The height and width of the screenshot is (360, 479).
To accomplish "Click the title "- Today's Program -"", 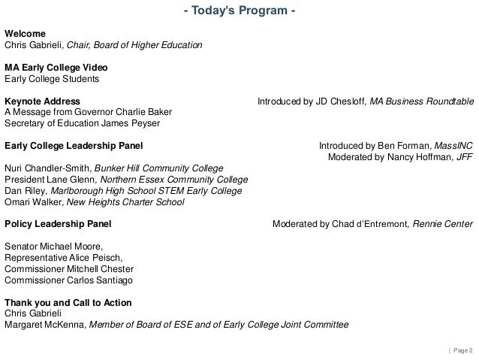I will (x=239, y=10).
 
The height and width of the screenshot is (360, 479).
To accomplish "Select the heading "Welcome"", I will (x=25, y=34).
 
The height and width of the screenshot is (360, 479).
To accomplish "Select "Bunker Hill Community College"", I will (x=169, y=168).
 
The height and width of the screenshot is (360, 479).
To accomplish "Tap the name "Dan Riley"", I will (x=23, y=191).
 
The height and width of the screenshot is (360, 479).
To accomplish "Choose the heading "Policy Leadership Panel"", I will (x=58, y=224).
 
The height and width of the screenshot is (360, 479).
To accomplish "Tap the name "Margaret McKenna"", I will (x=47, y=325).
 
